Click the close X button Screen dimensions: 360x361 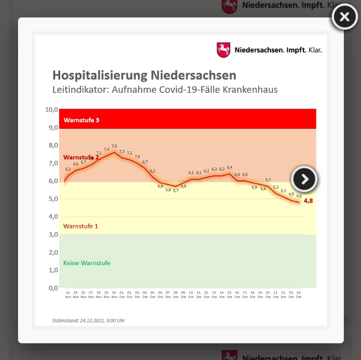(344, 17)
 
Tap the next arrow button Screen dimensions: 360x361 (304, 179)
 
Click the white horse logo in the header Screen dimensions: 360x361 (223, 50)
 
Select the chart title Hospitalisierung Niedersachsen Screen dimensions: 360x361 (144, 75)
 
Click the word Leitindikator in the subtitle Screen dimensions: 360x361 (76, 90)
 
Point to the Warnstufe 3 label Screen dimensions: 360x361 (81, 120)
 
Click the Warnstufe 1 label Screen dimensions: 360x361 (80, 226)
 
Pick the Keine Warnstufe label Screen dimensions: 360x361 (87, 263)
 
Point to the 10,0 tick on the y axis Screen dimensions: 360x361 (52, 109)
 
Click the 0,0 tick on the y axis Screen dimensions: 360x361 (53, 288)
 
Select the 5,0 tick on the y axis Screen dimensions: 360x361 (53, 199)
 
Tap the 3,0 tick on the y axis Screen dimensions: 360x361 (53, 234)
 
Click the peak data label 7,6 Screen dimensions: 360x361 (114, 146)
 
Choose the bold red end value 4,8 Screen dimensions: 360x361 (309, 201)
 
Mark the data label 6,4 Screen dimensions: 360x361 (230, 167)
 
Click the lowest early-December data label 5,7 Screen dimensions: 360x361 (175, 191)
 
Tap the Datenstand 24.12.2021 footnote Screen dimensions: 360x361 (88, 320)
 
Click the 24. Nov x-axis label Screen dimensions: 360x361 (68, 294)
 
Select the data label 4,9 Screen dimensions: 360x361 (291, 194)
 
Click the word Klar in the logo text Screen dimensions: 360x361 (315, 50)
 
